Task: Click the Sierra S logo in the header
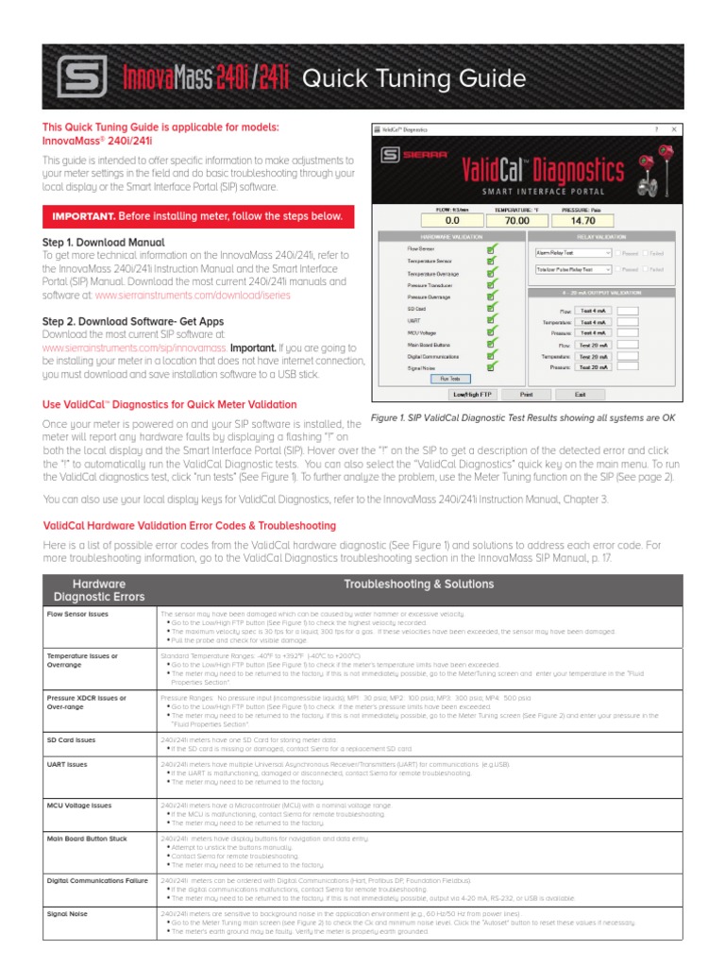[x=76, y=76]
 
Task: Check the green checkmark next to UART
[x=490, y=320]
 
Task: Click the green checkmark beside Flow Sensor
[x=490, y=248]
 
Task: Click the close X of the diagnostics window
[x=672, y=128]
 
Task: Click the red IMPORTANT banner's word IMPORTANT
[x=83, y=216]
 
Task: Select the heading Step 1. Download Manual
[x=104, y=243]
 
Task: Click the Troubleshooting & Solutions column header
[x=419, y=585]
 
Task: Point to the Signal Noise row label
[x=68, y=914]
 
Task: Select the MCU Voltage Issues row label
[x=79, y=806]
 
